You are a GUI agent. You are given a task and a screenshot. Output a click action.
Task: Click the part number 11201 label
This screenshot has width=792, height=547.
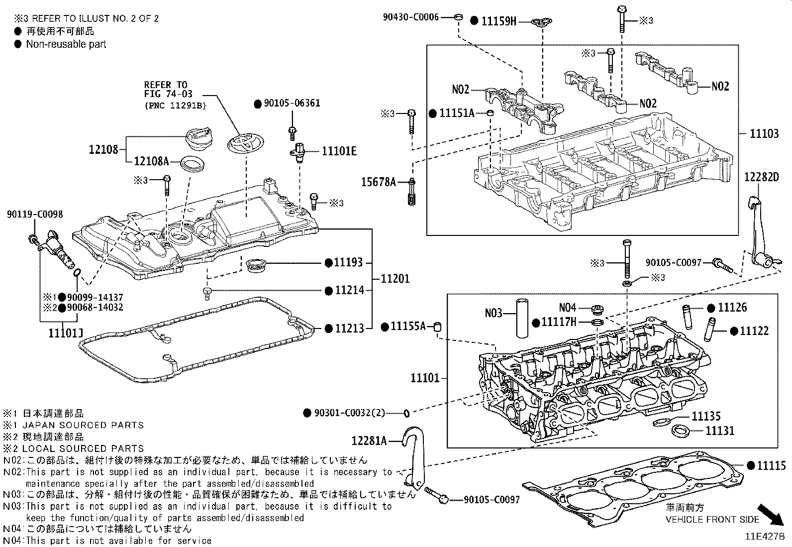point(395,279)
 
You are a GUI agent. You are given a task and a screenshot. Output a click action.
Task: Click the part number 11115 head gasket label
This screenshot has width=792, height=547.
point(771,466)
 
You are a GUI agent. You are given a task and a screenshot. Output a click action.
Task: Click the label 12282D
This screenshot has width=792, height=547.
point(761,177)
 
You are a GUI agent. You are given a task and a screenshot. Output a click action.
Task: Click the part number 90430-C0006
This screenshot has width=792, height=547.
point(411,17)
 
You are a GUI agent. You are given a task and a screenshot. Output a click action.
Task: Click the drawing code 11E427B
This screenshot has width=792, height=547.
point(764,537)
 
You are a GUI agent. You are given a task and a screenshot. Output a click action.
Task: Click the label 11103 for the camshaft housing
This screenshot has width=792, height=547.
point(764,133)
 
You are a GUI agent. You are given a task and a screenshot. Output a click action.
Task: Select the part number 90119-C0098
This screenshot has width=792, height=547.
point(35,215)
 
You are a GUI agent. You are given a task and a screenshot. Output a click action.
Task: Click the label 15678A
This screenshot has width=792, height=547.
point(378,183)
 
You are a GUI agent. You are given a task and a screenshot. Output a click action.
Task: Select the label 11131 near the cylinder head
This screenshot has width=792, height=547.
point(720,431)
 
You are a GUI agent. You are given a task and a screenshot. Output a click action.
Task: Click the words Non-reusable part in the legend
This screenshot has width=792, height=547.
point(66,44)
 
